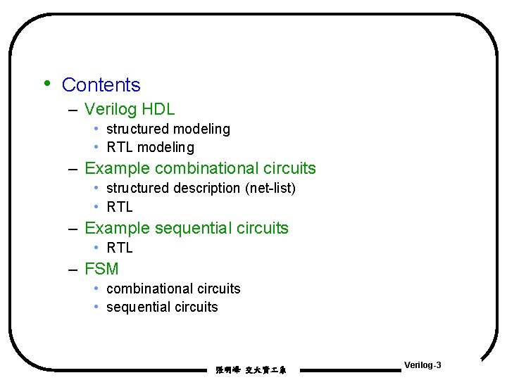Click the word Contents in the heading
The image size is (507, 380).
[101, 85]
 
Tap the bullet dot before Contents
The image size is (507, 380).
[46, 83]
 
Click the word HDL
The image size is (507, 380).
[158, 109]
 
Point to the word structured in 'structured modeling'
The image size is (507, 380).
[137, 129]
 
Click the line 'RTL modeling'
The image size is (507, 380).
[150, 148]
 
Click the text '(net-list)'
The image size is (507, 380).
[270, 189]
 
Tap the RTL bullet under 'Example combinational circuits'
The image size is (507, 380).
[119, 207]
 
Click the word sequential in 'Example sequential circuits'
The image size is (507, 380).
[192, 229]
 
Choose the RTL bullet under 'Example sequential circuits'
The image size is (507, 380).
[119, 248]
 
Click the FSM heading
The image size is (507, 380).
[101, 269]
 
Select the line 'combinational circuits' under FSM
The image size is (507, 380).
[173, 289]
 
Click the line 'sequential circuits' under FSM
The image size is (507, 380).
[162, 308]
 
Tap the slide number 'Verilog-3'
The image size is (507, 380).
[423, 365]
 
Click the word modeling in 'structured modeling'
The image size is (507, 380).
[202, 129]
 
